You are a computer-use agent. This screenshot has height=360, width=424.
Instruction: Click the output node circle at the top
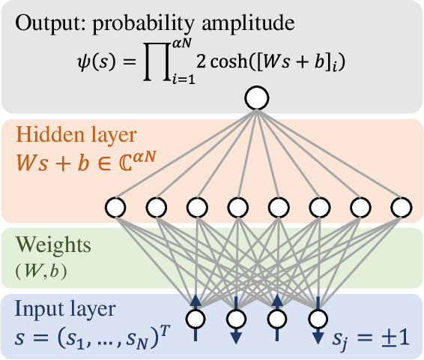click(x=257, y=97)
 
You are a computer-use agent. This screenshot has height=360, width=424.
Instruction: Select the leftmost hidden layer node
click(x=115, y=205)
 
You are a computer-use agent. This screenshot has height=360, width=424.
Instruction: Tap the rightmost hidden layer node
click(x=400, y=205)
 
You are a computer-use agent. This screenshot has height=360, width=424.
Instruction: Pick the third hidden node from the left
click(x=197, y=205)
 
